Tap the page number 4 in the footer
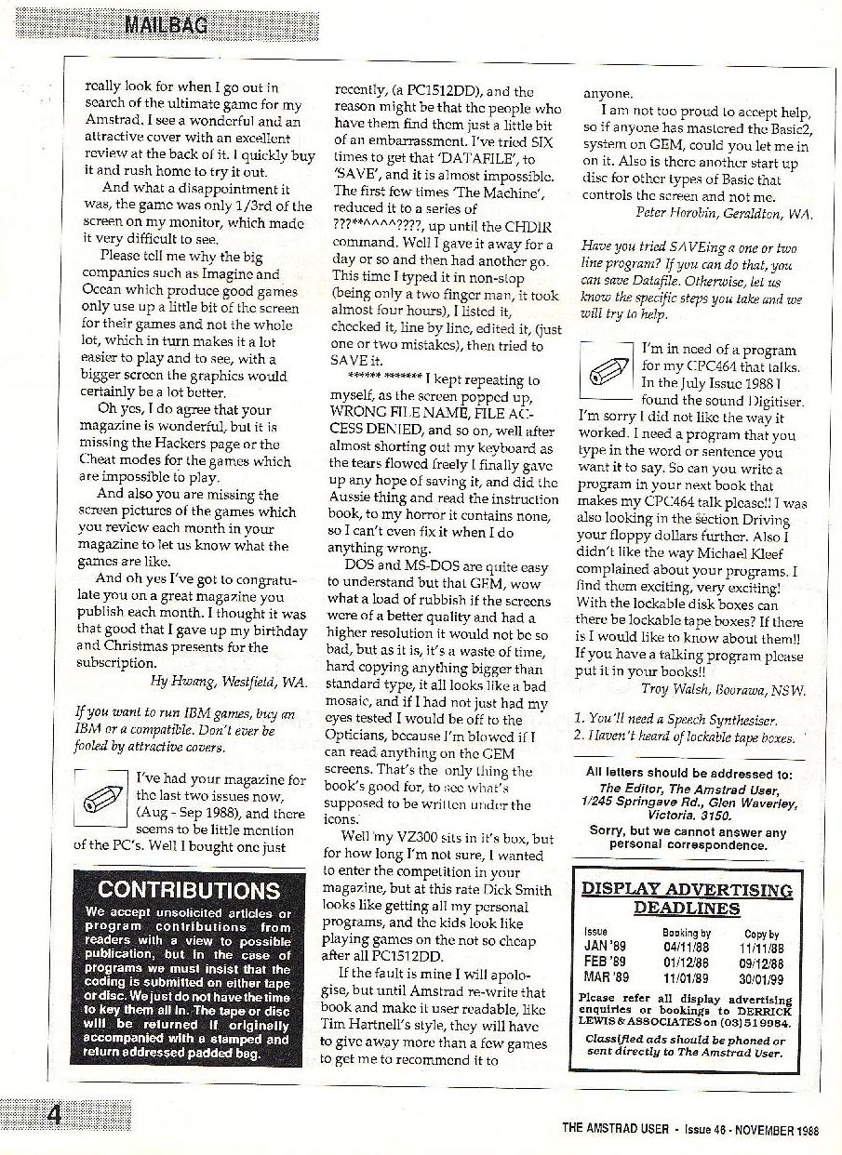pyautogui.click(x=55, y=1114)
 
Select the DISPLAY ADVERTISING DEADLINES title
pyautogui.click(x=687, y=898)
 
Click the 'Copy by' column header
pyautogui.click(x=762, y=932)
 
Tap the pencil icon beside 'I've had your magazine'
pyautogui.click(x=100, y=796)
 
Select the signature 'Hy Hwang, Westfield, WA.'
pyautogui.click(x=228, y=681)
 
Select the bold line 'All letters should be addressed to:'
pyautogui.click(x=688, y=772)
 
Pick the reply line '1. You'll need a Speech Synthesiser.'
pyautogui.click(x=675, y=719)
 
